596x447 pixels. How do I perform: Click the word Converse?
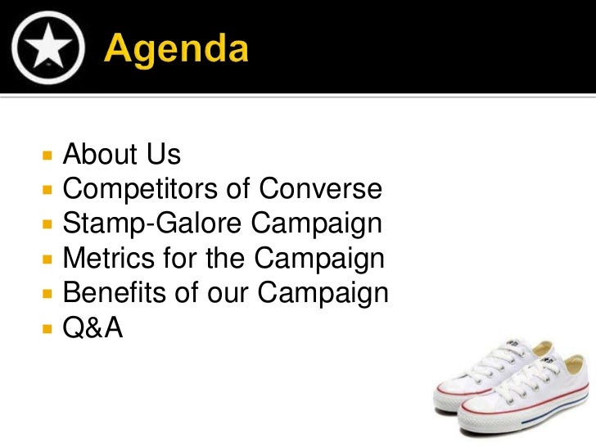click(x=320, y=189)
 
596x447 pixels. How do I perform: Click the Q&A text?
click(x=93, y=328)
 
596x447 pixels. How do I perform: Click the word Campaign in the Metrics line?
click(x=318, y=259)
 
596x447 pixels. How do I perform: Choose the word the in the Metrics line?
click(x=226, y=259)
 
